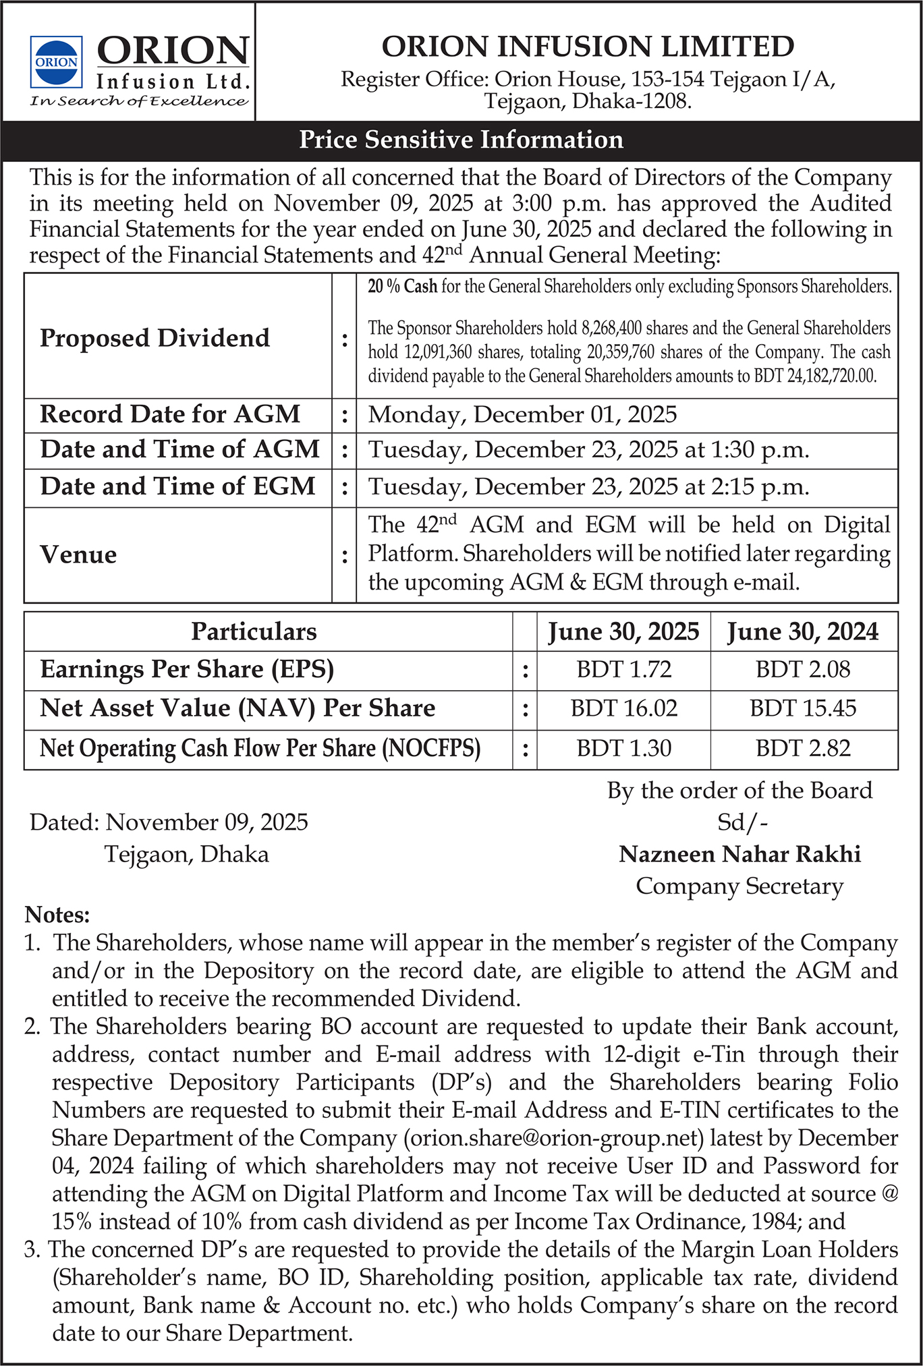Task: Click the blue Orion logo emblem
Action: pos(57,62)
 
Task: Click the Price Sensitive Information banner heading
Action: pos(461,140)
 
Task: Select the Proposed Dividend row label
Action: pos(155,337)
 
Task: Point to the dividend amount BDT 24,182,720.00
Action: pos(825,376)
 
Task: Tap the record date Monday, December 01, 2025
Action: pos(522,414)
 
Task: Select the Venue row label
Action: pos(78,554)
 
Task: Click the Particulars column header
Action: pos(254,631)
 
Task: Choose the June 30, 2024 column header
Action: pos(803,631)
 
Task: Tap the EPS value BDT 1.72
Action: pos(624,669)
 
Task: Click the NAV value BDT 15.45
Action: pos(803,708)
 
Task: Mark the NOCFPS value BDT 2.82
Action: pos(803,748)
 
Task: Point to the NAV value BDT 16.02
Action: pos(624,708)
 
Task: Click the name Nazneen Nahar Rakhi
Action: pos(740,854)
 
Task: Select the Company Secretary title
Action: pos(739,886)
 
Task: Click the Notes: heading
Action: pos(57,915)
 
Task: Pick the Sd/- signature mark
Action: pos(742,822)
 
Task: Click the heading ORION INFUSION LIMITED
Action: pos(588,47)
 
